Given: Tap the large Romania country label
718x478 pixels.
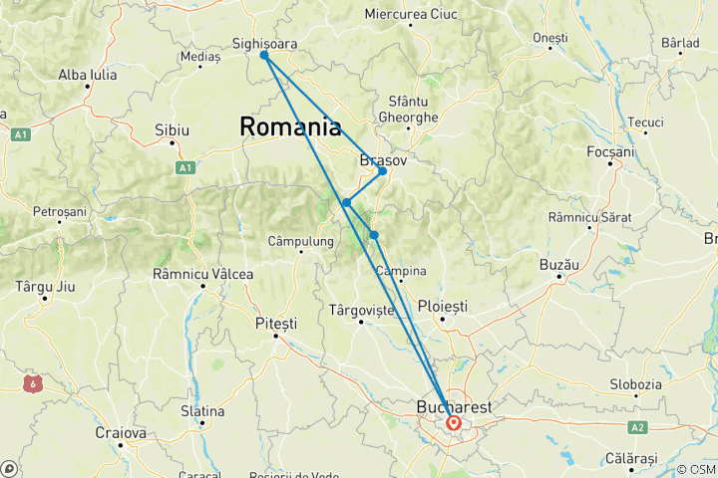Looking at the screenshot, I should click(289, 127).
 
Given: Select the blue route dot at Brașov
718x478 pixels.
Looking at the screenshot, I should click(382, 171).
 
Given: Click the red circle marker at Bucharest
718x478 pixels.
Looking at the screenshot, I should click(454, 422).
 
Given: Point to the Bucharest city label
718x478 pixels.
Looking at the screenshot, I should click(453, 407).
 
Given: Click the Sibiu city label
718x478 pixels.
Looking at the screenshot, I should click(173, 129).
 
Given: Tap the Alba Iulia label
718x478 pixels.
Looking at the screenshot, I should click(89, 74).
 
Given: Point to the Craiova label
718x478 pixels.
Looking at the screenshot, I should click(120, 433).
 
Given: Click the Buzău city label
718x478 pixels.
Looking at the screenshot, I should click(559, 265).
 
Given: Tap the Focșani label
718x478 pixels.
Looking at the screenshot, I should click(611, 151).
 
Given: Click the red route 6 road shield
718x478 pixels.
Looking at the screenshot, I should click(34, 381).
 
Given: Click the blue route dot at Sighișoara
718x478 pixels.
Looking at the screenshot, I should click(264, 56).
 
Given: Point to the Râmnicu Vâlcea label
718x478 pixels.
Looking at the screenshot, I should click(202, 274).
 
